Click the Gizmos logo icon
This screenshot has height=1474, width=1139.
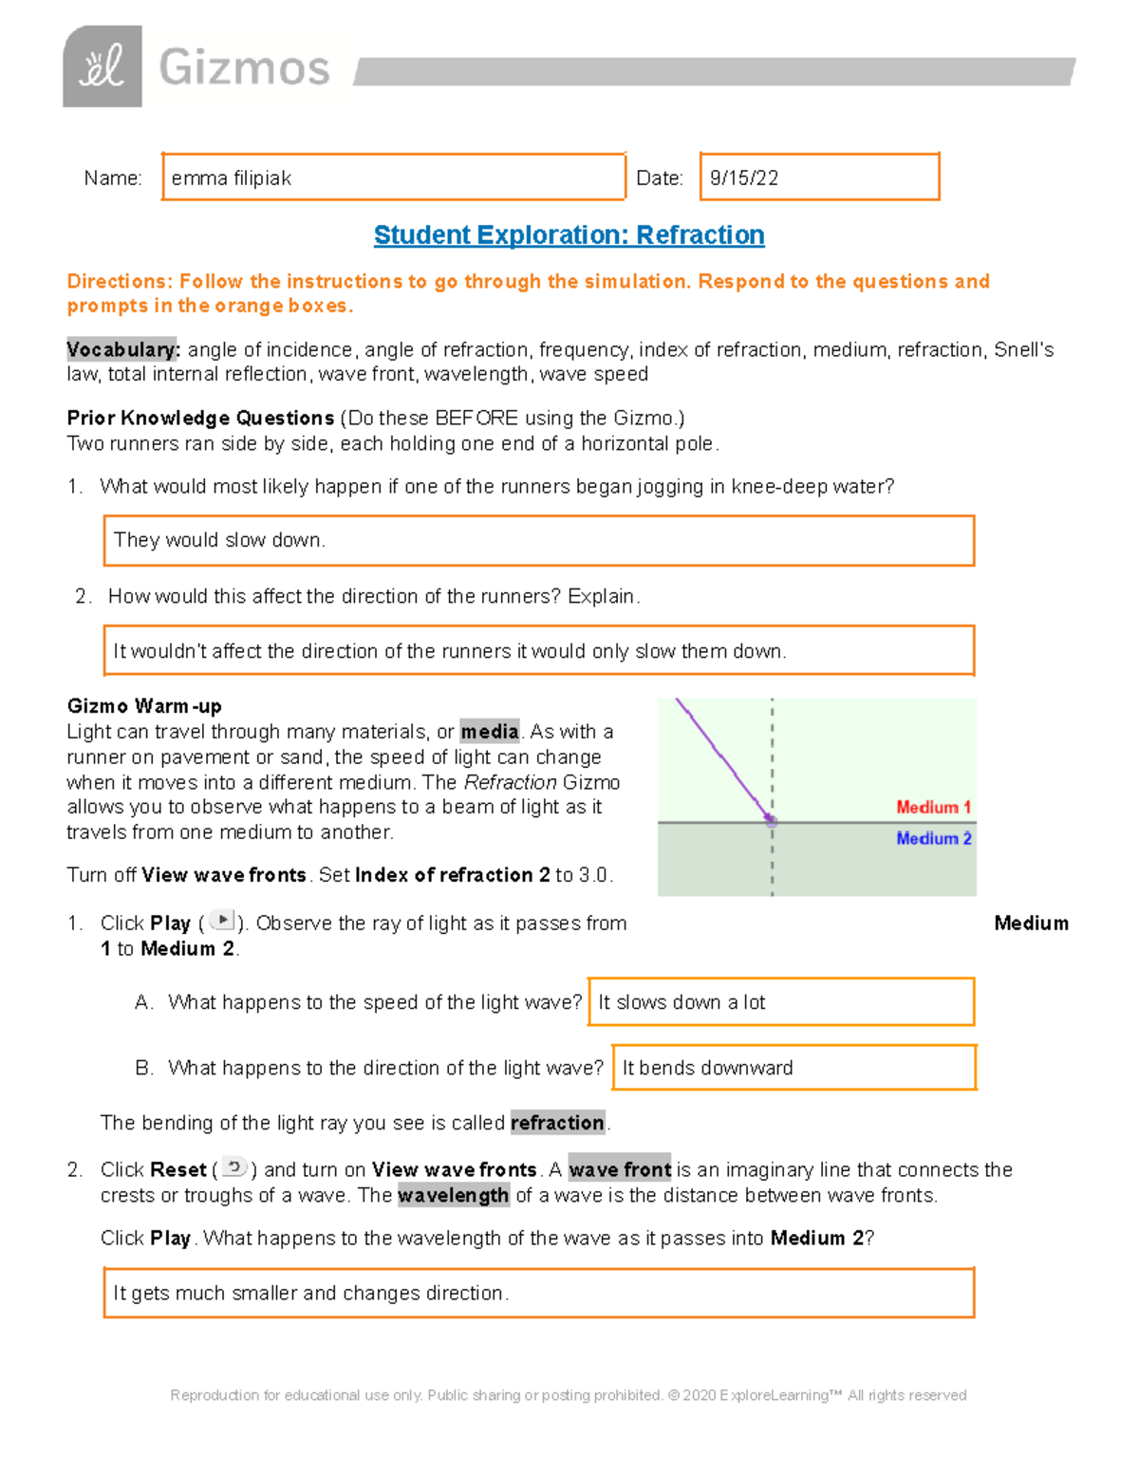(103, 66)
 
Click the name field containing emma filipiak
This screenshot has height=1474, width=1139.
(393, 177)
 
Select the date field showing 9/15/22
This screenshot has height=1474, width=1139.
(819, 177)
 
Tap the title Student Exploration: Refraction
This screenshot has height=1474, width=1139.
(569, 235)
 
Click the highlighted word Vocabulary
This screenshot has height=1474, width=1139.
(121, 349)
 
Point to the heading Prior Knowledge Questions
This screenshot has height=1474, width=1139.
(200, 419)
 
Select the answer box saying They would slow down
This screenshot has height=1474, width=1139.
(538, 540)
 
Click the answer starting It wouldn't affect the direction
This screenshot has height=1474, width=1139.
(538, 651)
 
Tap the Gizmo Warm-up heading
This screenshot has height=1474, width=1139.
(144, 706)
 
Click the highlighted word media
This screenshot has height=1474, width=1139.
(490, 732)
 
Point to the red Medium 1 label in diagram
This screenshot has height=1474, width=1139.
(933, 808)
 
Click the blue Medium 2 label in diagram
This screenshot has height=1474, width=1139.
(933, 839)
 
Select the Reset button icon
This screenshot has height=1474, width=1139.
(234, 1167)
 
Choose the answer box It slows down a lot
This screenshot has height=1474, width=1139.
(781, 1002)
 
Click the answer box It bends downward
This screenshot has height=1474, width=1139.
(794, 1068)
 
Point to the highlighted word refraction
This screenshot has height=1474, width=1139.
(557, 1123)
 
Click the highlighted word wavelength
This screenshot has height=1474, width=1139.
(453, 1195)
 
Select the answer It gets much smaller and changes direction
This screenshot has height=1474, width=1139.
(538, 1293)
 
